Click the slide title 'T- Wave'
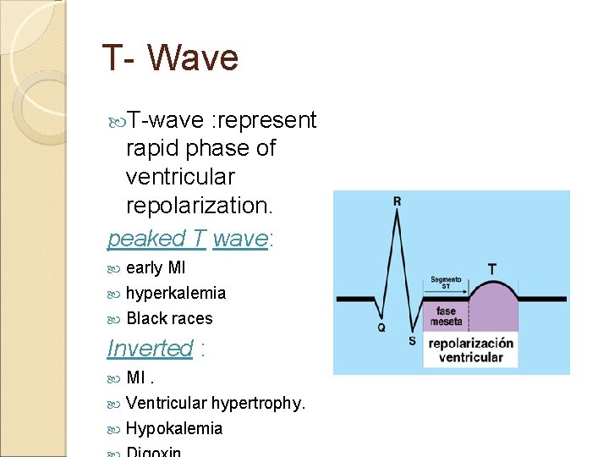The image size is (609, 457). click(x=170, y=58)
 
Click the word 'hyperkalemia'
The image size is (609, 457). click(x=176, y=293)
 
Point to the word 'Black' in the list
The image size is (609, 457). click(x=145, y=318)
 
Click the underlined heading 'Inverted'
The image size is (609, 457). click(x=150, y=348)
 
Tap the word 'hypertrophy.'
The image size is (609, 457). click(x=258, y=403)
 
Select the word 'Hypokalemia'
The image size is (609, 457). click(x=174, y=428)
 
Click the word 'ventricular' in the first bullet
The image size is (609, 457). click(x=179, y=177)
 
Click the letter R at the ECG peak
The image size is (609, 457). click(x=397, y=201)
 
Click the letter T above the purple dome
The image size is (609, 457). click(x=491, y=267)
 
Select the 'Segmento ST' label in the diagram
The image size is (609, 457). click(x=445, y=282)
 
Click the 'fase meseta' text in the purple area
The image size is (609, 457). click(x=446, y=317)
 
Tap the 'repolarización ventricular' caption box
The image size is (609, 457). click(x=470, y=350)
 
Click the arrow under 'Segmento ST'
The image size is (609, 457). click(x=445, y=295)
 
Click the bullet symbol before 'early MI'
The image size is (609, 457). click(x=115, y=268)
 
